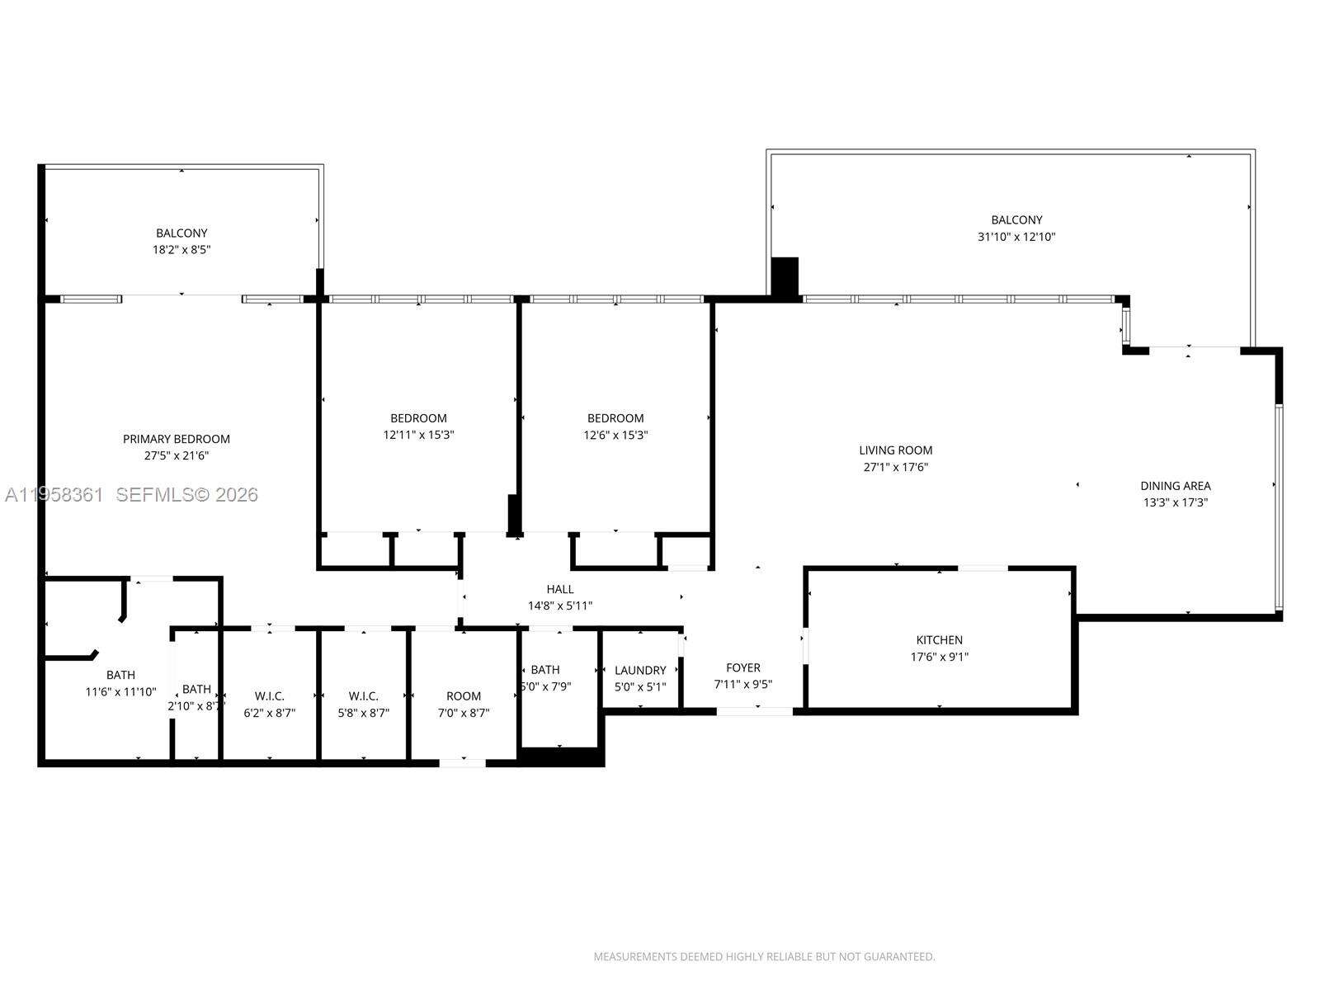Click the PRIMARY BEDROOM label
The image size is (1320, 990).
tap(177, 439)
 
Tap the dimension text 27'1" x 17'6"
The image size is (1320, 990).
tap(896, 467)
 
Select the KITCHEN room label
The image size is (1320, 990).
tap(939, 640)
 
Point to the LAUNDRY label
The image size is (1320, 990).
tap(640, 671)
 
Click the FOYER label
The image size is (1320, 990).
tap(743, 667)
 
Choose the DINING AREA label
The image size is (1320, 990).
tap(1176, 486)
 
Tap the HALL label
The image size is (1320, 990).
tap(560, 589)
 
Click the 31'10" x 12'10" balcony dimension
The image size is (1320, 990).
tap(1016, 237)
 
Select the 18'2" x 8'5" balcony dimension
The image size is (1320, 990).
tap(181, 249)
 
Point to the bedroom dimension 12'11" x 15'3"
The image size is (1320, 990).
tap(418, 435)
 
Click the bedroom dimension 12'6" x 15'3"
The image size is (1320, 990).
tap(615, 435)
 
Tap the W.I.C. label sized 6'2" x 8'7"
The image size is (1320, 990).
tap(269, 696)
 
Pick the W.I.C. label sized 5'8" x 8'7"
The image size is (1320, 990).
tap(363, 696)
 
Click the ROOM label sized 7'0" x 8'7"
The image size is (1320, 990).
tap(464, 696)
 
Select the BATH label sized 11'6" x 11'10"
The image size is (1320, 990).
tap(120, 675)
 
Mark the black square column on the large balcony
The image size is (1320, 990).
tap(785, 277)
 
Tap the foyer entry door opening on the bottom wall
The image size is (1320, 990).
tap(755, 711)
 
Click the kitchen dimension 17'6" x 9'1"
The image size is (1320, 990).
tap(939, 658)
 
